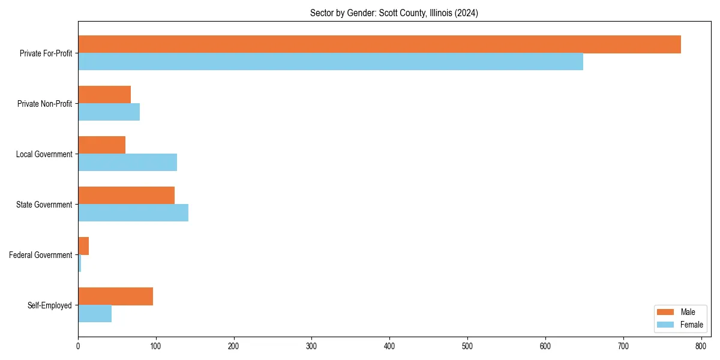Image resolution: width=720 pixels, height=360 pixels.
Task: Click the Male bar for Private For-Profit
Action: click(379, 44)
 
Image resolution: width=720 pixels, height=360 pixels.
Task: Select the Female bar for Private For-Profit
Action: click(331, 62)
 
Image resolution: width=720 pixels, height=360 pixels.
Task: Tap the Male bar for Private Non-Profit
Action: click(104, 95)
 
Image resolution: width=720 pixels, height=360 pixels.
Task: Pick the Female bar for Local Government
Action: click(127, 163)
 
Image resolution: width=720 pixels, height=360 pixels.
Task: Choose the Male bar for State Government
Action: click(126, 196)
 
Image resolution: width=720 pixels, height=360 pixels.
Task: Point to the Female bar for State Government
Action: click(133, 213)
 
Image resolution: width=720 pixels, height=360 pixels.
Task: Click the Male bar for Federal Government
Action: click(83, 246)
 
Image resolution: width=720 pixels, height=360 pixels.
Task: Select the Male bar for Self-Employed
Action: click(115, 296)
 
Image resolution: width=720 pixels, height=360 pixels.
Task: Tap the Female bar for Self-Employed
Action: click(95, 314)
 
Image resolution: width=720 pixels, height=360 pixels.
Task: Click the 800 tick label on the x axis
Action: click(701, 346)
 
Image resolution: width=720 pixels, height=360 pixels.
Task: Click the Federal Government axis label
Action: click(40, 255)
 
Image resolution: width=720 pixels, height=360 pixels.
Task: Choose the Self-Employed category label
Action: click(49, 305)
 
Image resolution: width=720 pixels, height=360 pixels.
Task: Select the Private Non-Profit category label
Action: click(44, 104)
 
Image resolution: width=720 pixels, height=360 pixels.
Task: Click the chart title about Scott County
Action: click(394, 13)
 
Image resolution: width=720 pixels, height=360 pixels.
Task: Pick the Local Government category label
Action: click(44, 154)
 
